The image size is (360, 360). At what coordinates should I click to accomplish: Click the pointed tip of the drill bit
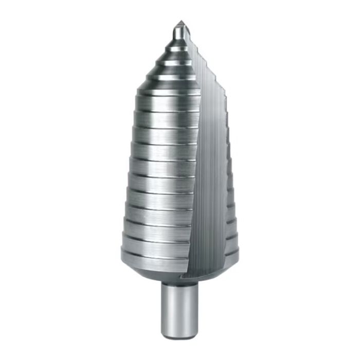(x=181, y=23)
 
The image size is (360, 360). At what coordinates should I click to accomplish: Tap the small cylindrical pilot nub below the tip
(x=178, y=33)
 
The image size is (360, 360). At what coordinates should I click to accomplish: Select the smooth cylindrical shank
(x=179, y=309)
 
